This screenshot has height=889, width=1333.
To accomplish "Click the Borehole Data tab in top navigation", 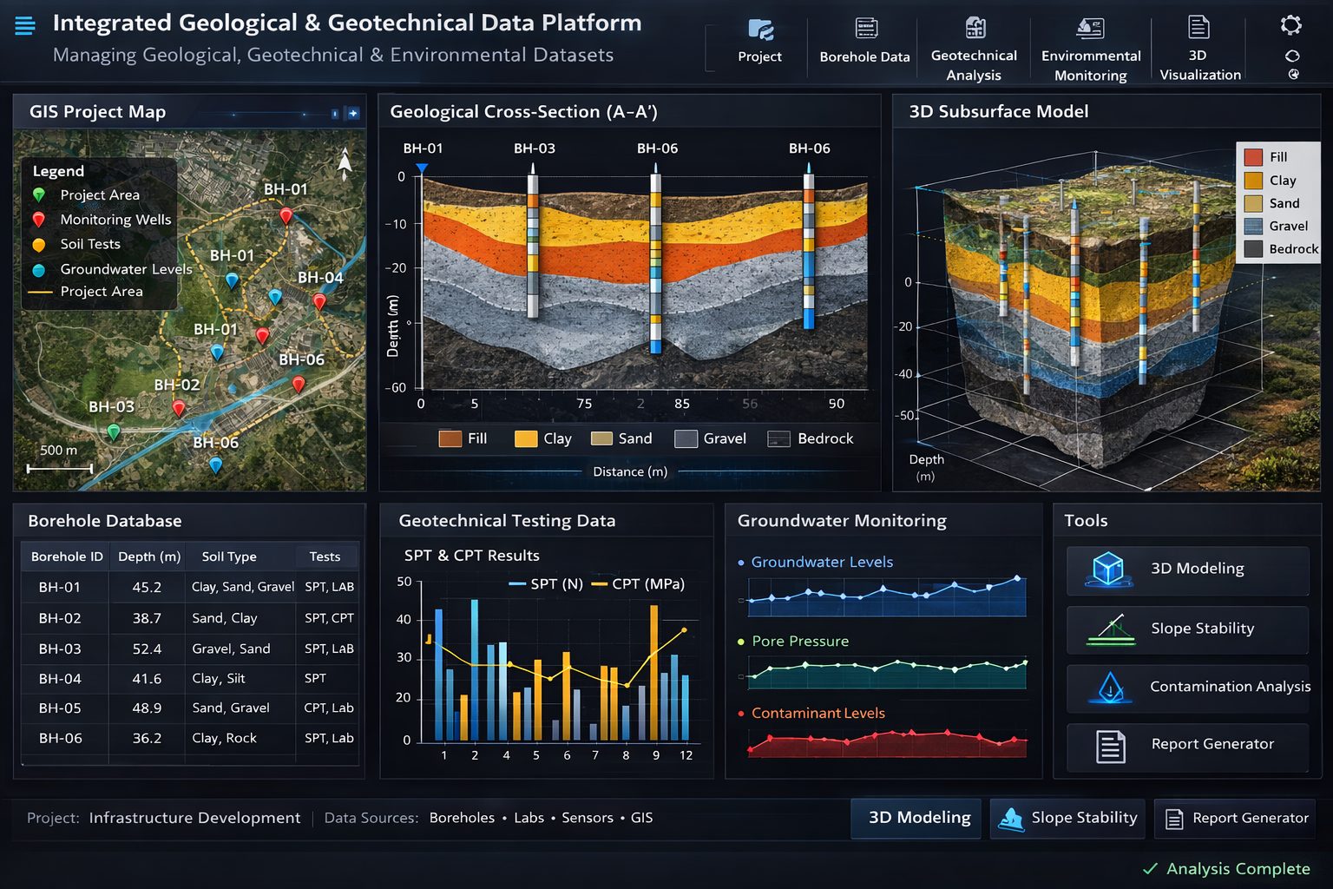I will [x=864, y=43].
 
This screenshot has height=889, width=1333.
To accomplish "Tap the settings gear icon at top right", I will [x=1291, y=25].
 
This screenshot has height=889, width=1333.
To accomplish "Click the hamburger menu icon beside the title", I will [x=25, y=25].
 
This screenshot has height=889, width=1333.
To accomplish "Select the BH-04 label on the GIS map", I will [x=320, y=278].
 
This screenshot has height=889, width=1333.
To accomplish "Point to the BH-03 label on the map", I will [x=111, y=406].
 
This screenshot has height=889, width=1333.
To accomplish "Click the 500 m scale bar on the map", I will [x=59, y=468].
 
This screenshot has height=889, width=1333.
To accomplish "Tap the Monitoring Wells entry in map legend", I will [x=115, y=220].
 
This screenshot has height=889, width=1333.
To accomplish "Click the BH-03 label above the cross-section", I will [x=534, y=148].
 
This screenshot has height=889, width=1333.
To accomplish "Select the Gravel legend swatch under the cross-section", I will [x=686, y=438].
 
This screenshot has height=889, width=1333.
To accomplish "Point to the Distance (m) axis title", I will [x=630, y=471].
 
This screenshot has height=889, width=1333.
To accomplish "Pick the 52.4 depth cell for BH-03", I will [x=147, y=649].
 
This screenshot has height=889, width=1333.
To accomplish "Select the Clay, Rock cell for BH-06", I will [x=224, y=738].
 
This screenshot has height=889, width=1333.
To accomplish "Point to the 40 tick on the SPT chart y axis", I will [x=404, y=619].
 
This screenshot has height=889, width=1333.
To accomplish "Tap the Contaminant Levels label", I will [x=818, y=713].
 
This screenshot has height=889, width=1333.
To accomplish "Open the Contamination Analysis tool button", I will [x=1187, y=687].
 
